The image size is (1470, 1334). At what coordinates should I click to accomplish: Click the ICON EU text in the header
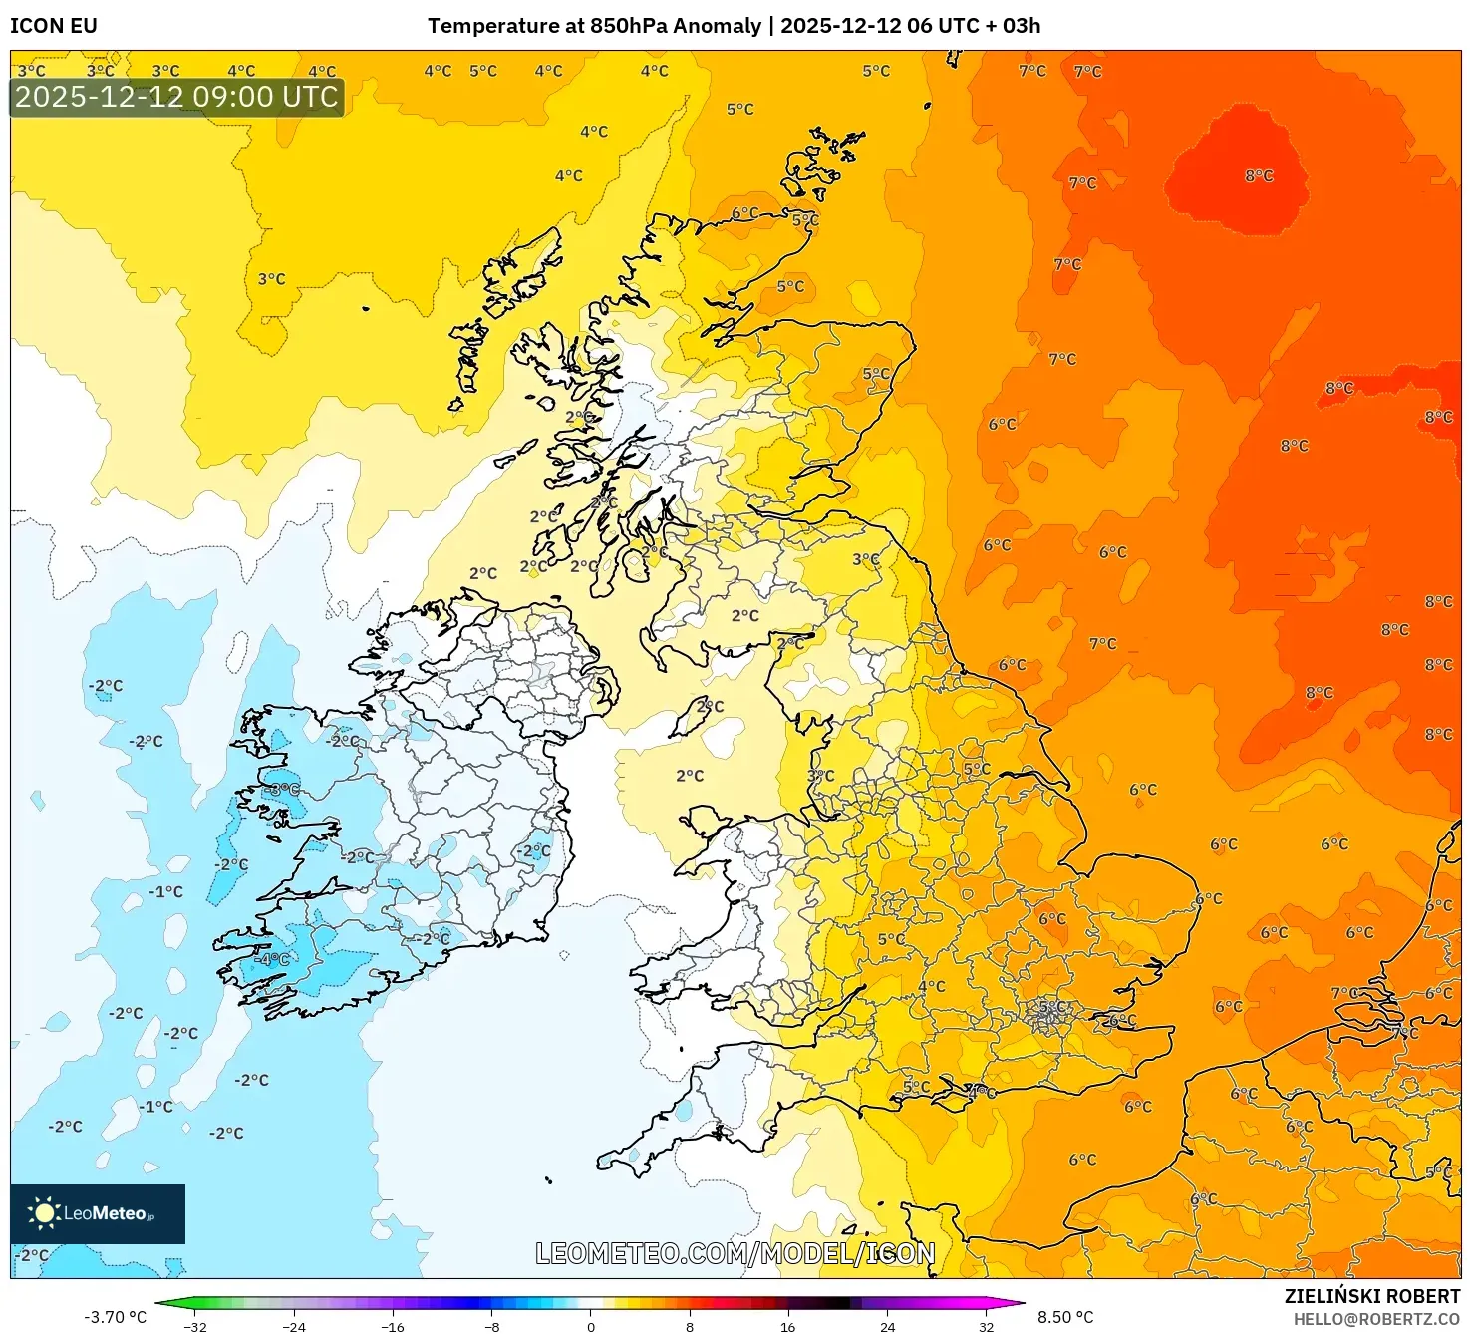(x=54, y=26)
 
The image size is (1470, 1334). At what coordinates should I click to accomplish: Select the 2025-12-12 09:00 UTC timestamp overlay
(x=176, y=97)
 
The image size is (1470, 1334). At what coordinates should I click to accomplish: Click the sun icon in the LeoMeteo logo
(x=44, y=1212)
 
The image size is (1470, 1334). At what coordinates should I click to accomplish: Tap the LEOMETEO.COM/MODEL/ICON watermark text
(x=735, y=1253)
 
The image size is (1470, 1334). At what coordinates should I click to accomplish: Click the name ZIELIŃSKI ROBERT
(x=1371, y=1296)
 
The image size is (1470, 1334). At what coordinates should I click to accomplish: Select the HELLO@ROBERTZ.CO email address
(x=1376, y=1319)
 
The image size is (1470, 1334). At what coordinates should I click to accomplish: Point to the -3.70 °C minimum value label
(x=115, y=1317)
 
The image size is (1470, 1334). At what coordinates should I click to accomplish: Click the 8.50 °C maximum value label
(x=1065, y=1317)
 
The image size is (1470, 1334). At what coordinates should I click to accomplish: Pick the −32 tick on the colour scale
(x=195, y=1327)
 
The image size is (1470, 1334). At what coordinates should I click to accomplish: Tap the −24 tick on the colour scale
(x=294, y=1327)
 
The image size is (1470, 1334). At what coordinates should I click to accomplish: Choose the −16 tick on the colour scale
(x=393, y=1327)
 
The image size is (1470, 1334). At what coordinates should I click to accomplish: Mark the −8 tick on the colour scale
(x=491, y=1327)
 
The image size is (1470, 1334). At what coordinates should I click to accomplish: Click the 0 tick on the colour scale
(x=591, y=1327)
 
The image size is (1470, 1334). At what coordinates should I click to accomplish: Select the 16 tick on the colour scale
(x=788, y=1327)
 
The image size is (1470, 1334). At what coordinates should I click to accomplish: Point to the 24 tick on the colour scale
(x=887, y=1327)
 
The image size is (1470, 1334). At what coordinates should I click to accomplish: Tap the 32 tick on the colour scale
(x=986, y=1327)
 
